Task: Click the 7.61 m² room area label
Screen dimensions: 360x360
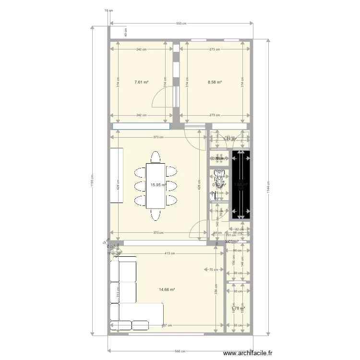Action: pos(141,82)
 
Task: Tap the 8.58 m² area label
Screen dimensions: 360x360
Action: pos(215,82)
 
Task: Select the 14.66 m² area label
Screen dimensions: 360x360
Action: pos(167,289)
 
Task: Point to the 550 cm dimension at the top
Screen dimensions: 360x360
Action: pos(181,23)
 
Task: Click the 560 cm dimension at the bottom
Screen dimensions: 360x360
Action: pos(180,350)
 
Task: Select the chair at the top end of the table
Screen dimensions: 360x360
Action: pos(156,157)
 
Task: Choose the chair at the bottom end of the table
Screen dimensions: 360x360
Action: pos(156,214)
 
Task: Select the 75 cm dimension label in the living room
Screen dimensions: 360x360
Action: pos(212,269)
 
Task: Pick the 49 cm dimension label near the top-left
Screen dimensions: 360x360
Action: pos(126,32)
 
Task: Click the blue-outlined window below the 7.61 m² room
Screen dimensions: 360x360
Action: pos(142,126)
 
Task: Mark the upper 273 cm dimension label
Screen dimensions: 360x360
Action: pos(215,49)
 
